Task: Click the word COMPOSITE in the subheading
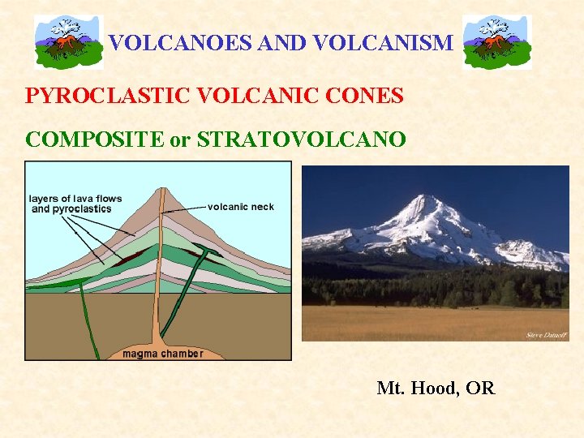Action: pos(94,139)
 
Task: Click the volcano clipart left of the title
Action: pos(68,42)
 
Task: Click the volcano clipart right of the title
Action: pos(496,42)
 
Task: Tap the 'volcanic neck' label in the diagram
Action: pos(241,207)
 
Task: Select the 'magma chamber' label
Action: pos(162,354)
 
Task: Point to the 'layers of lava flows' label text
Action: pos(75,199)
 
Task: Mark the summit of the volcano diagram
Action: pos(161,188)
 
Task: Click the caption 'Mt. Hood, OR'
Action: pos(436,389)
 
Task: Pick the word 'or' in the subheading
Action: pos(179,139)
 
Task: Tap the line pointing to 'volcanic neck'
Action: pos(186,208)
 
